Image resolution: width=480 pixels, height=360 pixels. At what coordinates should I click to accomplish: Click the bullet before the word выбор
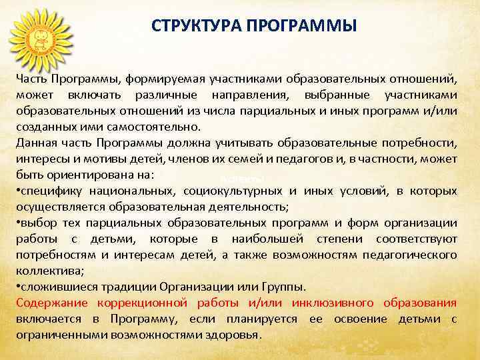tap(19, 223)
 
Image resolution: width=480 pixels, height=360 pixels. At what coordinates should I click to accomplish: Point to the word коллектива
tap(45, 271)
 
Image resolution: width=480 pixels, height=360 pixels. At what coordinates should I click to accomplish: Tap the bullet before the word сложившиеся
tap(19, 287)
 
